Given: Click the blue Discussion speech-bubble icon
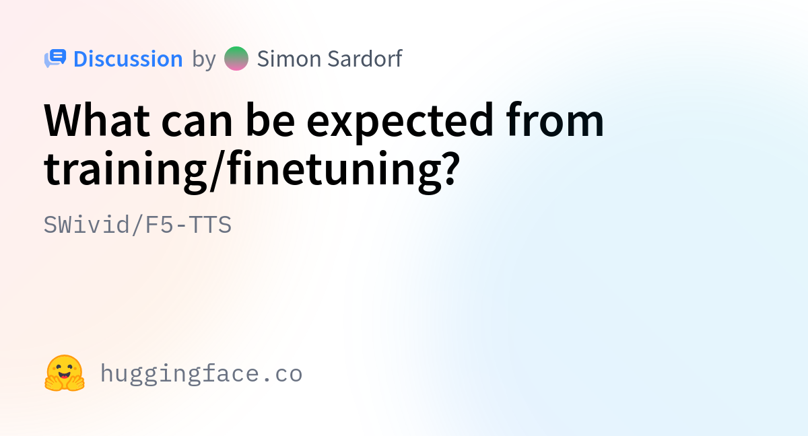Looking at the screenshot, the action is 55,59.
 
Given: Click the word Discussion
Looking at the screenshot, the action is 128,59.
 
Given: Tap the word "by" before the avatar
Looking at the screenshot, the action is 204,60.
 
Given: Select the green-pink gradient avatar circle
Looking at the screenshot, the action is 236,59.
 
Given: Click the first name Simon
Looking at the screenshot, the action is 289,59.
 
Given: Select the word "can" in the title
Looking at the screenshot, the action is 197,124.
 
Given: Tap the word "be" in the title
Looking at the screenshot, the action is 270,120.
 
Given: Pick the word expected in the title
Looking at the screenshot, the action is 400,122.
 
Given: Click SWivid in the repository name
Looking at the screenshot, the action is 87,225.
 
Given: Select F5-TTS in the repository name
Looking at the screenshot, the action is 189,225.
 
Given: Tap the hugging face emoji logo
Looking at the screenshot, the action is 65,373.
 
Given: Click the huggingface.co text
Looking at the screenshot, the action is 201,373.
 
